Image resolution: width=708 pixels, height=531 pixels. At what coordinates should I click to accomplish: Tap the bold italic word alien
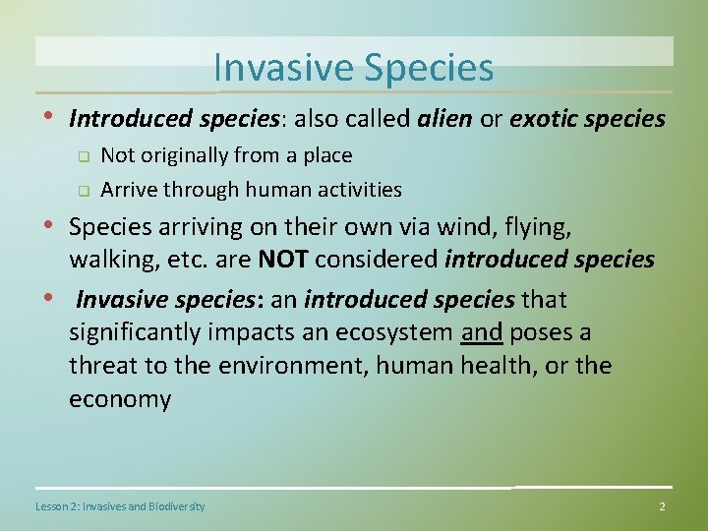pyautogui.click(x=444, y=119)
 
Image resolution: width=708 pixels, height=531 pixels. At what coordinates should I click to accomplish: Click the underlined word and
pyautogui.click(x=482, y=332)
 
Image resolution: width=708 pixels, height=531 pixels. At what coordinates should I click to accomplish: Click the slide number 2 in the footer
pyautogui.click(x=662, y=506)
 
